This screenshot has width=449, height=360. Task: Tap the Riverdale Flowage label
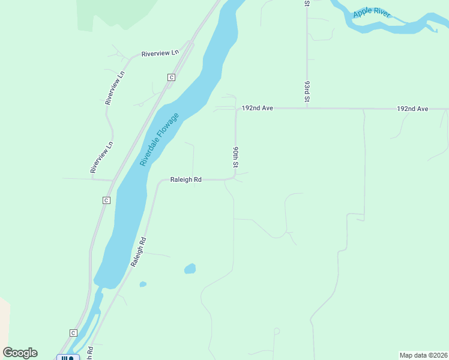pos(159,139)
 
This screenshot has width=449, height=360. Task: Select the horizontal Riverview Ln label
pos(160,53)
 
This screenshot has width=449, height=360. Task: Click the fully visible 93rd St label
pos(307,90)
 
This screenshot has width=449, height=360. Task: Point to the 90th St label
pos(236,157)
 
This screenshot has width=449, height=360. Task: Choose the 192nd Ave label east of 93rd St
pos(412,109)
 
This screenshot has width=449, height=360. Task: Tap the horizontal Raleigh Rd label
pos(185,179)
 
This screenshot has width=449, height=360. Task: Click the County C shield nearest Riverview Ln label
pos(171,77)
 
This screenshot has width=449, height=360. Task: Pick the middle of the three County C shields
pos(106,200)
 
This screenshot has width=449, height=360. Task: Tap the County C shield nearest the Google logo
pos(73,333)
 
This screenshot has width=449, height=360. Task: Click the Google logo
pos(20,353)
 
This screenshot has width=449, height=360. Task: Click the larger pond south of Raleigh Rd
pos(190,268)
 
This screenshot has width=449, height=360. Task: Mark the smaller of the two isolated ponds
pos(143,284)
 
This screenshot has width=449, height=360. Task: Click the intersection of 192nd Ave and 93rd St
pos(307,109)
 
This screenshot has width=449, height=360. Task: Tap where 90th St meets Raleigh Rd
pos(235,178)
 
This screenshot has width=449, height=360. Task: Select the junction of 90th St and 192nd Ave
pos(236,109)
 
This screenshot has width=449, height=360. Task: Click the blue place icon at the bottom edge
pos(68,358)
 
